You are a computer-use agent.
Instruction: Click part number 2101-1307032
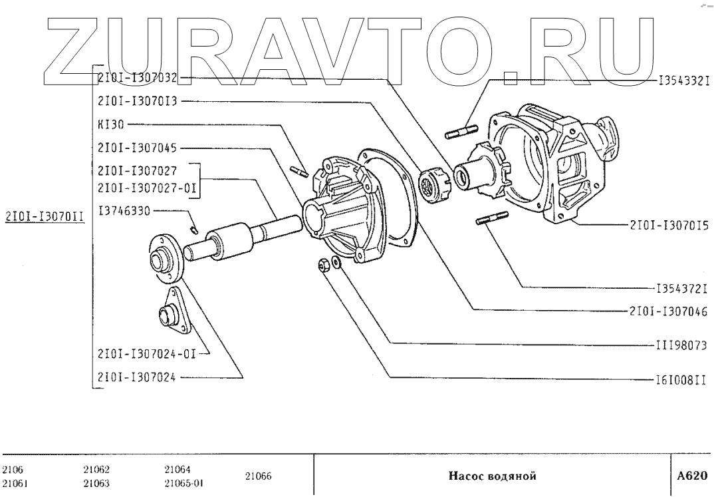click(137, 78)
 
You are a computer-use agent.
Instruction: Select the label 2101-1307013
click(137, 102)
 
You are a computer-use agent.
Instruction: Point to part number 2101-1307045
click(137, 148)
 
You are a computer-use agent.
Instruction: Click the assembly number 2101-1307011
click(44, 216)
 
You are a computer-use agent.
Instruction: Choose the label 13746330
click(124, 210)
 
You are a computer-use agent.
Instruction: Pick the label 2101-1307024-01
click(148, 353)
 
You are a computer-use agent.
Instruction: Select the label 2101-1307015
click(668, 226)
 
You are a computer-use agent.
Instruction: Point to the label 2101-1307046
click(668, 310)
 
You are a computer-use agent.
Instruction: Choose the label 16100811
click(678, 381)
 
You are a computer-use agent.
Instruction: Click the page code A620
click(692, 476)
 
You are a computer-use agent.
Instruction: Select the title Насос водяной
click(491, 476)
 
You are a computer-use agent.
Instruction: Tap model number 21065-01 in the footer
click(183, 483)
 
